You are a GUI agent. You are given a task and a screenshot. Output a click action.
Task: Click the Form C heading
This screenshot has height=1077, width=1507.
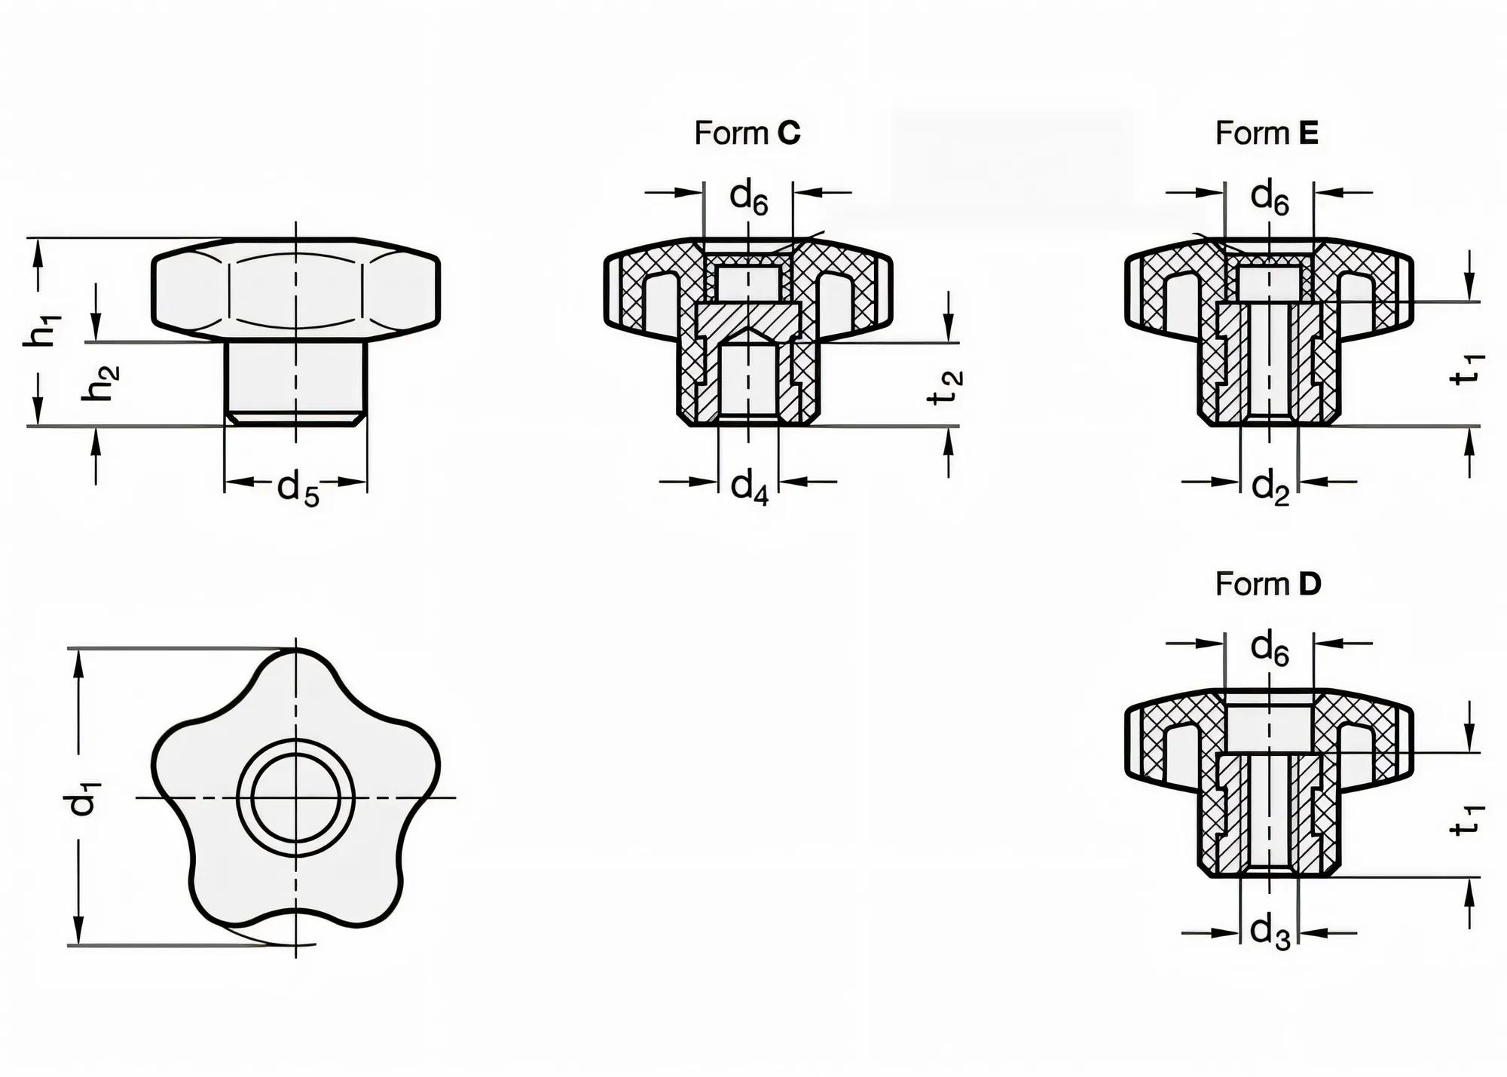tap(747, 133)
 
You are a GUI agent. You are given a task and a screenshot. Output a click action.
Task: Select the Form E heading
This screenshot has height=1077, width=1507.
tap(1267, 133)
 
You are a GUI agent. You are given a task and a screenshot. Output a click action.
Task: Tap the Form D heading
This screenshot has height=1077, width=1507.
tap(1268, 584)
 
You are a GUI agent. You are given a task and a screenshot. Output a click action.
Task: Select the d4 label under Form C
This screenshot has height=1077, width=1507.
tap(749, 486)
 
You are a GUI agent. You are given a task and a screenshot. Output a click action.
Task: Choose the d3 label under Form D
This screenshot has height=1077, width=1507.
tap(1270, 933)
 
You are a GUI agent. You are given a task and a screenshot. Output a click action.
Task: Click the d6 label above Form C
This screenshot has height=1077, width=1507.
tap(748, 198)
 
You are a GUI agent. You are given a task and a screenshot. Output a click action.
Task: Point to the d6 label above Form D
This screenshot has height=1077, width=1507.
tap(1270, 649)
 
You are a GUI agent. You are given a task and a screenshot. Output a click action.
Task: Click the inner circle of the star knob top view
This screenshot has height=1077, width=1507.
tap(295, 797)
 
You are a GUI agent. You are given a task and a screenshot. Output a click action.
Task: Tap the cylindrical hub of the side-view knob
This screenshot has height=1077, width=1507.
tap(295, 381)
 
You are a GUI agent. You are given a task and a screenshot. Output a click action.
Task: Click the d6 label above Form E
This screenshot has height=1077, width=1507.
tap(1270, 198)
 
